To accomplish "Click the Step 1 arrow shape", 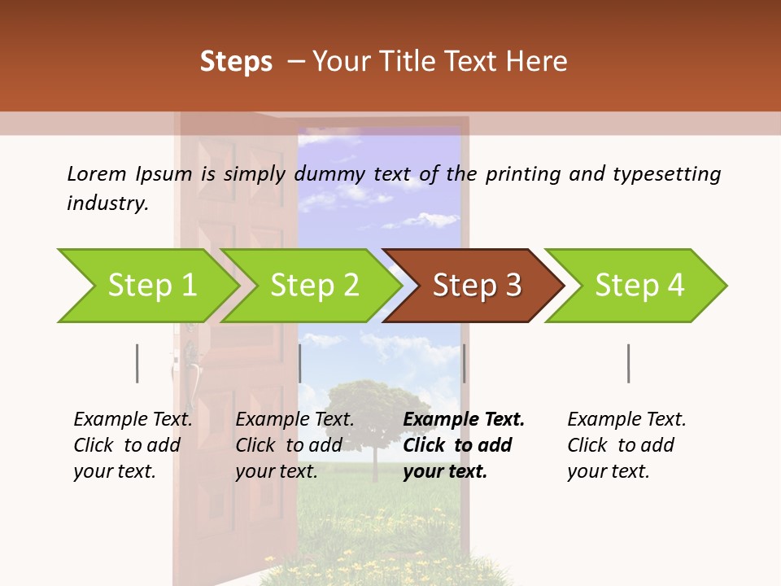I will point(151,286).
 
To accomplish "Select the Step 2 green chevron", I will point(314,286).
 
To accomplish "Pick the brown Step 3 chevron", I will point(477,286).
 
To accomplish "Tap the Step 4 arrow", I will point(639,286).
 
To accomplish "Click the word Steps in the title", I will point(236,62).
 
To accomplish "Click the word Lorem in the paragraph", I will point(96,173).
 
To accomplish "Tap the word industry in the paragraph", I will point(107,203).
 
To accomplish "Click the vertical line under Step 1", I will point(137,363).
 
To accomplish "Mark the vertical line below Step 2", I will point(300,363).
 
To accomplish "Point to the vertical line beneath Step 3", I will point(464,363).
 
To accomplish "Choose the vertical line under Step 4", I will point(629,363).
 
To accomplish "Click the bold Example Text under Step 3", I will point(464,419).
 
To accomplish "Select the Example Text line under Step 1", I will point(133,419).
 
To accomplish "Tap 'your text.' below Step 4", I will point(608,471).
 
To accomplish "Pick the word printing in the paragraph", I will point(521,173).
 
